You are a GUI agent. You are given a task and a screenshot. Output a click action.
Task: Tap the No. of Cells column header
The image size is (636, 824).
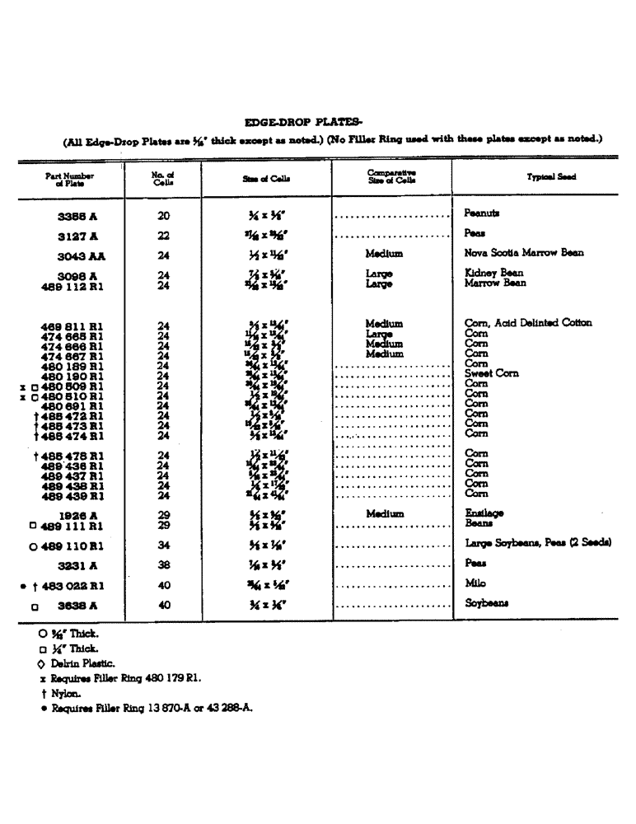162,177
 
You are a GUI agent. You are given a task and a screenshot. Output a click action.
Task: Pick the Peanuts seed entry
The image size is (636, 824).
482,213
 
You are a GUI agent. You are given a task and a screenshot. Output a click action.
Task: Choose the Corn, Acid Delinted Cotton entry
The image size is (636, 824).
528,323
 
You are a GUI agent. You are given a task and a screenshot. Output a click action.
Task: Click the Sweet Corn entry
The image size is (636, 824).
492,373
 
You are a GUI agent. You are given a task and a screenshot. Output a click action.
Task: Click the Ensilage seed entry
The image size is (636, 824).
484,513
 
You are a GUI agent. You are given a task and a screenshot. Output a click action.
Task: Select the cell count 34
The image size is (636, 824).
162,545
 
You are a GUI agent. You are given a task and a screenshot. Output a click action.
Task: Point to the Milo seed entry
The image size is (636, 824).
475,583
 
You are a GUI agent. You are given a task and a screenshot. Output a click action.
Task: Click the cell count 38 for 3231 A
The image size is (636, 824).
162,565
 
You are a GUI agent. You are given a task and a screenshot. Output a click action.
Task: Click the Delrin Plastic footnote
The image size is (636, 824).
85,663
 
